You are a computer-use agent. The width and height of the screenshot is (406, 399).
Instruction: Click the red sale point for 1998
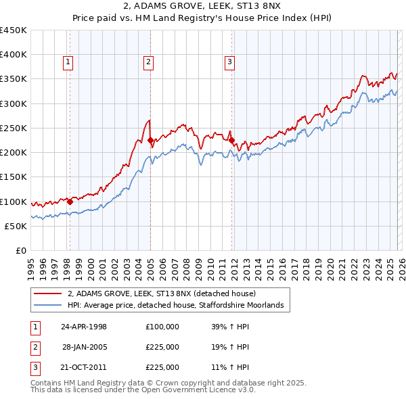[x=70, y=201]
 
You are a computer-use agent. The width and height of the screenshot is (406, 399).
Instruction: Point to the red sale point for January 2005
[x=150, y=141]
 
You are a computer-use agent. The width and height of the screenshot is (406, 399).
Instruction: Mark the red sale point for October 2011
[x=231, y=141]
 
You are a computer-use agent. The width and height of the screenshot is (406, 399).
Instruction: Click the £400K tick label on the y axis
[x=14, y=55]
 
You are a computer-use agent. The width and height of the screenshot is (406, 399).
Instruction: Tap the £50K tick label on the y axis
[x=16, y=226]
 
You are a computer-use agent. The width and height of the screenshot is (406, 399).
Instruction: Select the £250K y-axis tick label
[x=14, y=128]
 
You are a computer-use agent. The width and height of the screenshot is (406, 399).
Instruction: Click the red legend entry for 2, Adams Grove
[x=161, y=294]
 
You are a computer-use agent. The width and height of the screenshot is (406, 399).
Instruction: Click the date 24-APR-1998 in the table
[x=84, y=327]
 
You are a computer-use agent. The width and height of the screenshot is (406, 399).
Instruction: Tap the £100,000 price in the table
[x=162, y=327]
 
